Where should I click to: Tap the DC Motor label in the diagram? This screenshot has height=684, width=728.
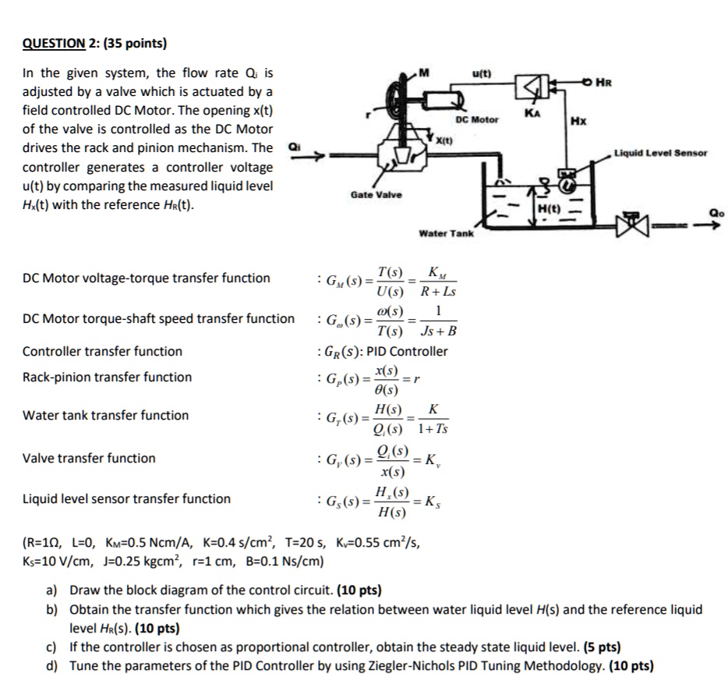pos(478,119)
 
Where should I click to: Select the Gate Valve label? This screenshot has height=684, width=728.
pos(376,195)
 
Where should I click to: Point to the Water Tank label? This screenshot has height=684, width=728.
pos(446,233)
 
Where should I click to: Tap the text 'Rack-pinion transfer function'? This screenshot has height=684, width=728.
pos(107,377)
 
